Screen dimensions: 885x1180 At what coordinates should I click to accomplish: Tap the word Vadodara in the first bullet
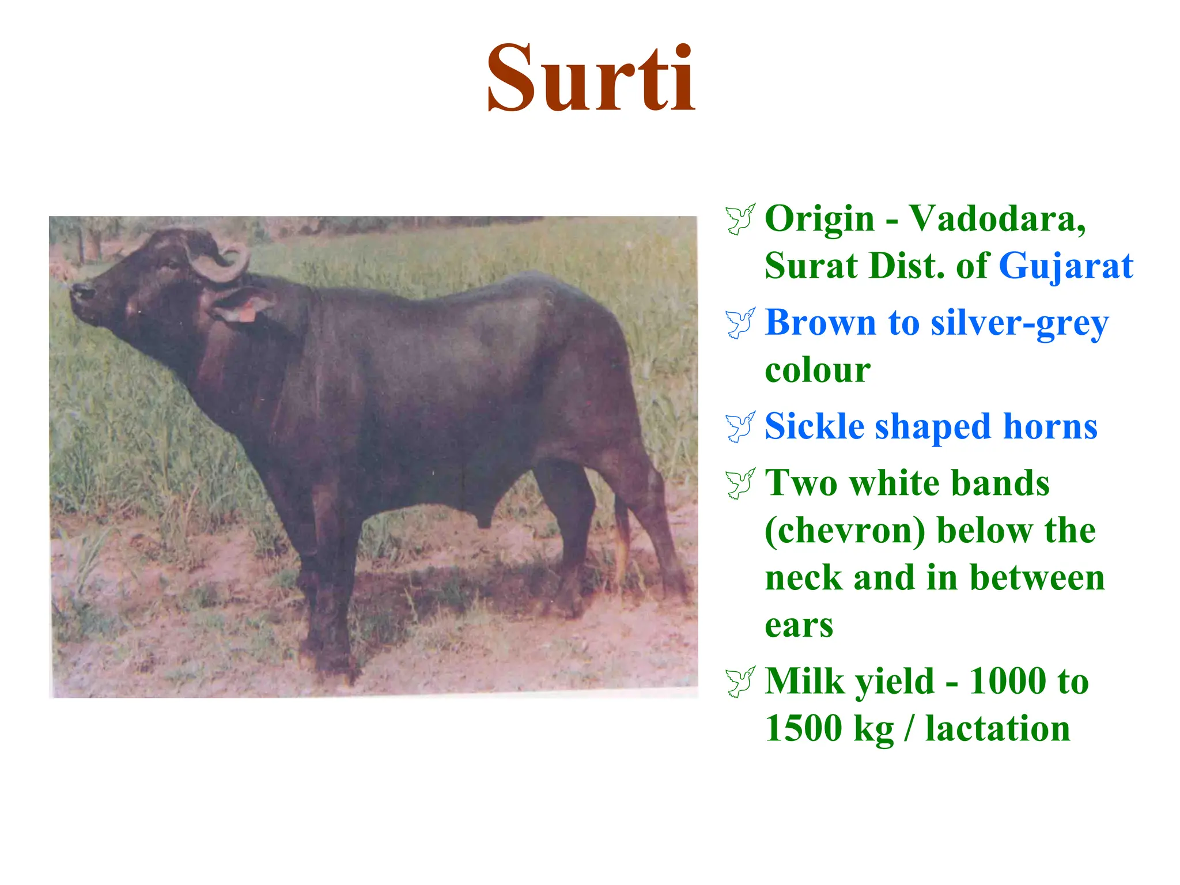click(997, 219)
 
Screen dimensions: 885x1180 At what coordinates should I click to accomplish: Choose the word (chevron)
click(845, 531)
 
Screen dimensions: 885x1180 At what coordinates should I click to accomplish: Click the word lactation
click(998, 729)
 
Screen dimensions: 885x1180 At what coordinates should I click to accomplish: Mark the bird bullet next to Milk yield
click(740, 682)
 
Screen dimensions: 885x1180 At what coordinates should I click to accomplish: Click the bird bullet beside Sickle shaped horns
click(740, 427)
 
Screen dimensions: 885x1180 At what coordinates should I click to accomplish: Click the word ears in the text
click(799, 625)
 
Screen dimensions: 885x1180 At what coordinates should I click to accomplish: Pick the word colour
click(818, 370)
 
